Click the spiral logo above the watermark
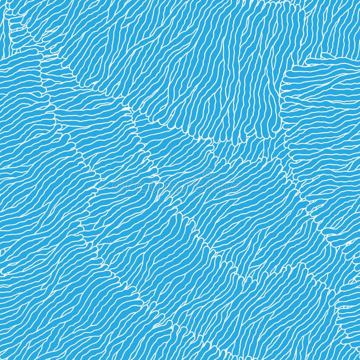click(x=207, y=171)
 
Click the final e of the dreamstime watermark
click(x=236, y=185)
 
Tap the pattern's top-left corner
click(x=1, y=1)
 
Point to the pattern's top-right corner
click(x=359, y=1)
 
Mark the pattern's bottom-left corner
click(x=1, y=359)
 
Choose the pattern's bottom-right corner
click(x=359, y=359)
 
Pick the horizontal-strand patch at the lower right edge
click(x=346, y=288)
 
